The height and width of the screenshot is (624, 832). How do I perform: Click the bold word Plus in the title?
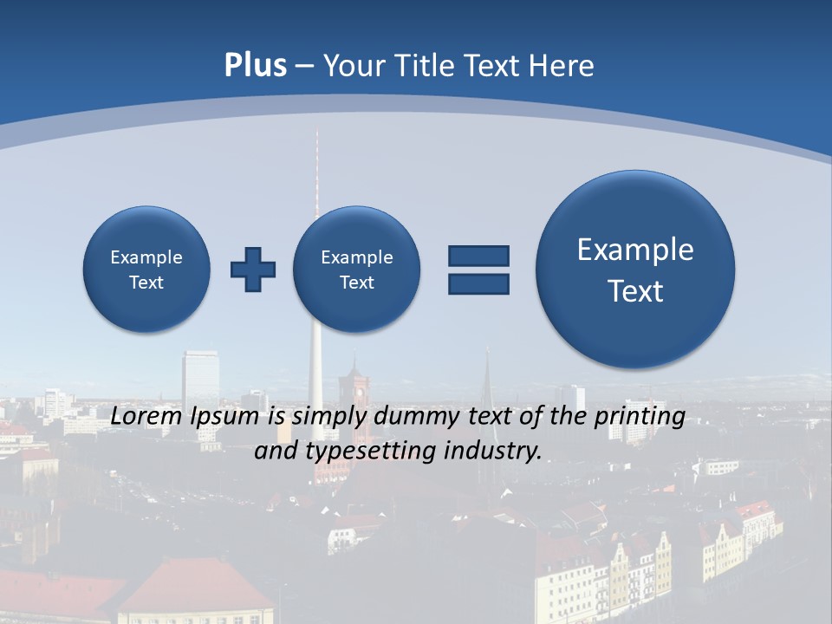[255, 66]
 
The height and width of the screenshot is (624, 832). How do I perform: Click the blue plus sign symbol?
[253, 270]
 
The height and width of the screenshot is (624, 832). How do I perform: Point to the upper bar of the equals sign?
[478, 256]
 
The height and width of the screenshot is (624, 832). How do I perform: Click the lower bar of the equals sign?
[478, 283]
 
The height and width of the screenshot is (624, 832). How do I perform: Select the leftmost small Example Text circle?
[146, 270]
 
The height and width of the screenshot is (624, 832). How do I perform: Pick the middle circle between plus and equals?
[356, 270]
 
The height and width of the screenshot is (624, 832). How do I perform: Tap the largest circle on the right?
[635, 270]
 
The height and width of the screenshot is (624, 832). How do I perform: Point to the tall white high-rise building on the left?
[200, 381]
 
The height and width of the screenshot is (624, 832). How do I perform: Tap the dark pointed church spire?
[487, 373]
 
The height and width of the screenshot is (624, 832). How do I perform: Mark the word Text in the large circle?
[635, 291]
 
